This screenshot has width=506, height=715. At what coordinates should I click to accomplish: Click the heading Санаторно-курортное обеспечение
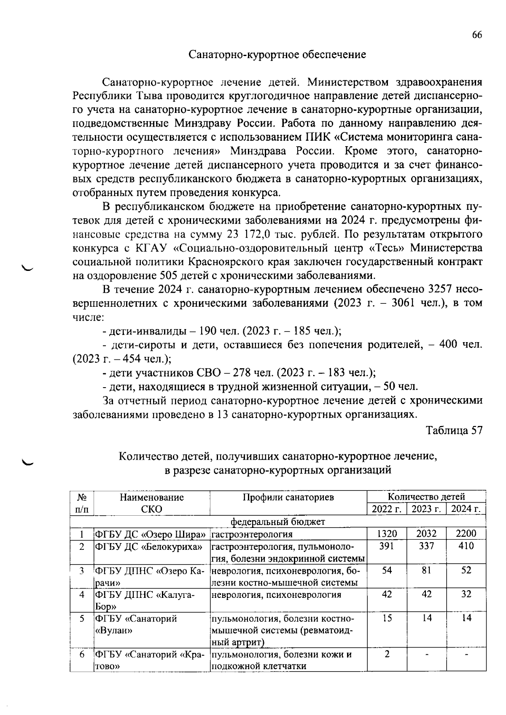(277, 55)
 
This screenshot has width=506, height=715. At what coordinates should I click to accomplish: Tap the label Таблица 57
(454, 431)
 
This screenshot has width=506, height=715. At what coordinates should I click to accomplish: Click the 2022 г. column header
(387, 509)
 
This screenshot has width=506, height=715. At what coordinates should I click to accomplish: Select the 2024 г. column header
(466, 509)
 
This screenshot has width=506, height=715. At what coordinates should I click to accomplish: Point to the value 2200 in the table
(466, 534)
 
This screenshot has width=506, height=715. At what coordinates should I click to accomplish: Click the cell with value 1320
(387, 534)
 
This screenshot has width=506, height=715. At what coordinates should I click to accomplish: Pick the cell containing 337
(426, 546)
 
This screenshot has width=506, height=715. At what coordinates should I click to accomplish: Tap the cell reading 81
(426, 570)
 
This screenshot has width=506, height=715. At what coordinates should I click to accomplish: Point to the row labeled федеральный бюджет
(278, 522)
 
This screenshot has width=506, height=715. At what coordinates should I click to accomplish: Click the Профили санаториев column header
(288, 497)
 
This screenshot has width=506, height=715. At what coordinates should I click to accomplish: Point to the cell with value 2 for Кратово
(387, 654)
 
